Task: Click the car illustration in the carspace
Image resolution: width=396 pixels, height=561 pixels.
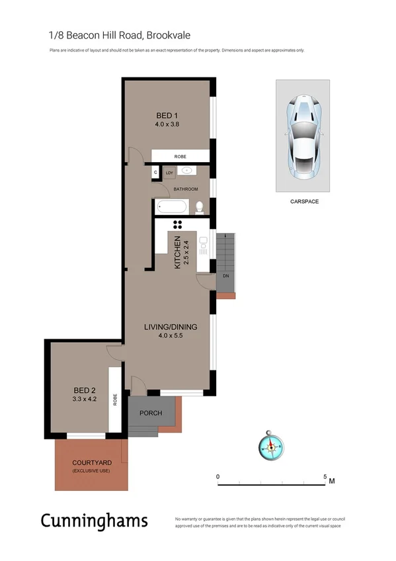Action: click(x=303, y=136)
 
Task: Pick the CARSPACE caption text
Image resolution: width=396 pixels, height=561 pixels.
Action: click(x=303, y=201)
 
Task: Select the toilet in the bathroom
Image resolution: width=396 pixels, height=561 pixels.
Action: click(x=201, y=206)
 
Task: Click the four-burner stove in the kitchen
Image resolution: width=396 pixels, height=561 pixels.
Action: click(x=177, y=224)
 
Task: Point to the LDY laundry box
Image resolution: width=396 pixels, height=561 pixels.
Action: click(x=169, y=173)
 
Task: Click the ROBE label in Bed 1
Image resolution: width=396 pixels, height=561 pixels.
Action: click(x=180, y=156)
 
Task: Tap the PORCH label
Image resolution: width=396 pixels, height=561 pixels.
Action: click(x=151, y=413)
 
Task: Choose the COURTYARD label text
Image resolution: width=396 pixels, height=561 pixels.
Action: click(x=91, y=462)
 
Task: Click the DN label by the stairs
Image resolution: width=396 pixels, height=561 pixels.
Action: click(x=225, y=275)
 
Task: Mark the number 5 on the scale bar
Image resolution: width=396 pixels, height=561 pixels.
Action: click(x=325, y=476)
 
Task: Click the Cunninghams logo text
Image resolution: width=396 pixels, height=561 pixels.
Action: click(x=94, y=520)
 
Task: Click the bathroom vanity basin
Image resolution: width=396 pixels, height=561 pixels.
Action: click(x=188, y=171)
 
